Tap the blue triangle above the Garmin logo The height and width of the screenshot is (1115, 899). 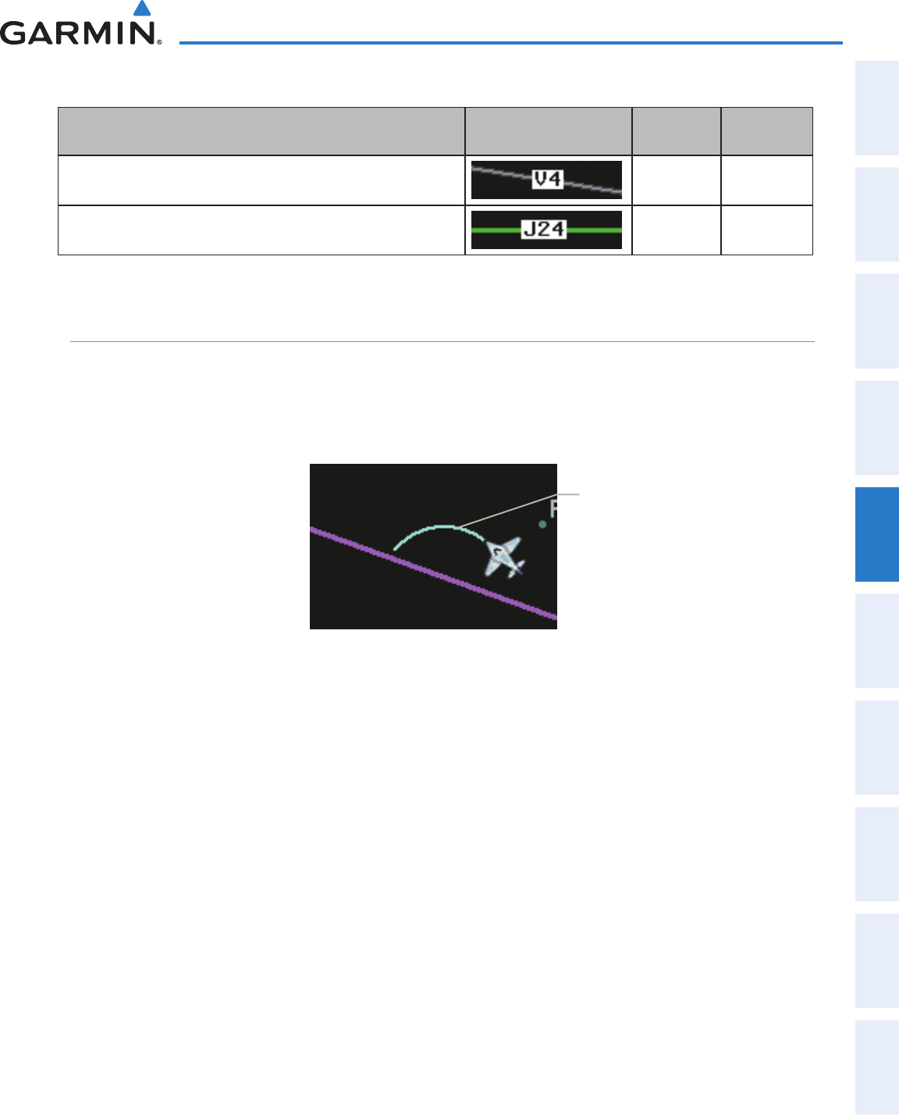pos(141,9)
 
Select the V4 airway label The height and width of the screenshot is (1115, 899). pos(547,180)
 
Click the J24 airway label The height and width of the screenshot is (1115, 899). pos(544,230)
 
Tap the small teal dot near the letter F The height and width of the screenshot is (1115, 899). pos(542,525)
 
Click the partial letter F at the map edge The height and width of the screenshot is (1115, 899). pos(553,509)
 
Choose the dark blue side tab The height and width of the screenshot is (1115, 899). pos(877,534)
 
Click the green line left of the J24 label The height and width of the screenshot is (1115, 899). pos(496,230)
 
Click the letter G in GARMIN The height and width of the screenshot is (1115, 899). pos(17,33)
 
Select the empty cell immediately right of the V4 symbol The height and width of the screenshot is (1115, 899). pos(676,180)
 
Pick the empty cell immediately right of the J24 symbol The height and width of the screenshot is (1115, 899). pos(676,230)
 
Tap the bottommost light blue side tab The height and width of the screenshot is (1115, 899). pos(877,1067)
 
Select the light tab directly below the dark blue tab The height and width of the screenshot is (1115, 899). pos(877,641)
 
